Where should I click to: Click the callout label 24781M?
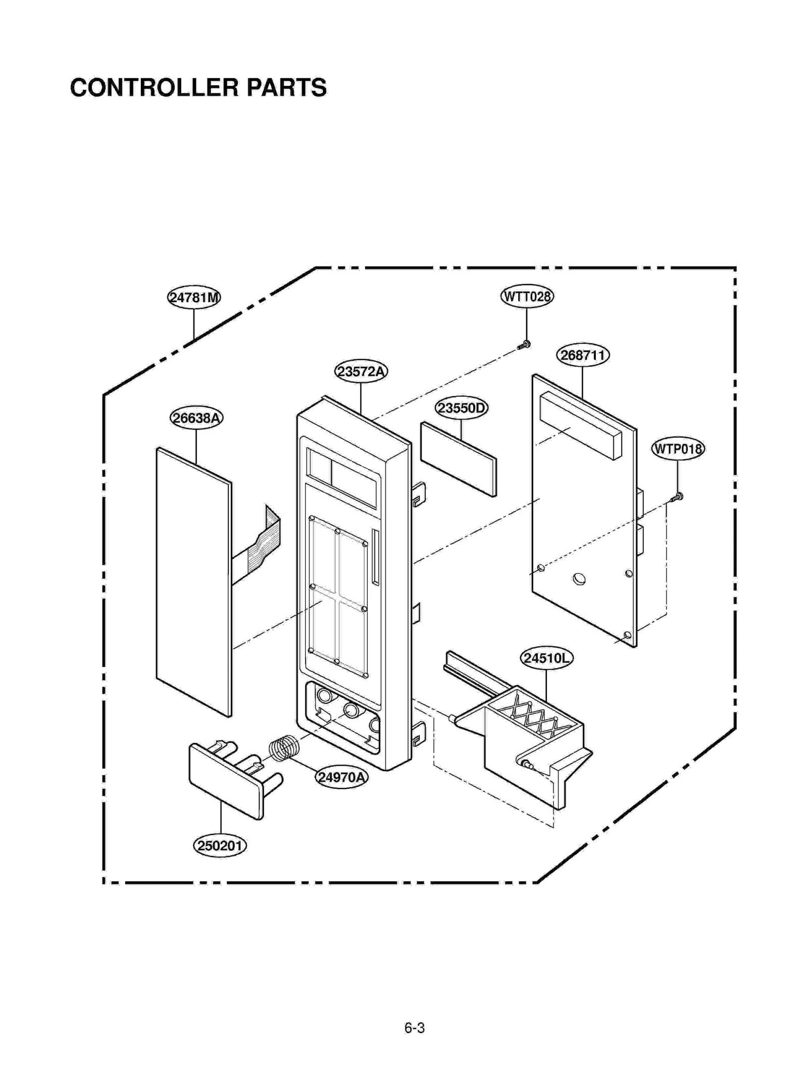pos(193,297)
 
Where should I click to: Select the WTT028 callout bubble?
pos(526,296)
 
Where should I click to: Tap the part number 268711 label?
pos(582,355)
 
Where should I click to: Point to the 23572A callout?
pos(361,371)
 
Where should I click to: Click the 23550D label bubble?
pos(461,407)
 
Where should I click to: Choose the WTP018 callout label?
pos(677,448)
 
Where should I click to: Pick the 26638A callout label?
pos(196,417)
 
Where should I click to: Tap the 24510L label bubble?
pos(546,658)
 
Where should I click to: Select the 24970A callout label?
pos(341,777)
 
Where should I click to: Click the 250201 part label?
pos(220,845)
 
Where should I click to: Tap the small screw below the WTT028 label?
pos(524,346)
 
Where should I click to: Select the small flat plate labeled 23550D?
pos(458,459)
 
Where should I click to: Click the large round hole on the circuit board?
pos(579,579)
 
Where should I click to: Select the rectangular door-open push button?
pos(225,780)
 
